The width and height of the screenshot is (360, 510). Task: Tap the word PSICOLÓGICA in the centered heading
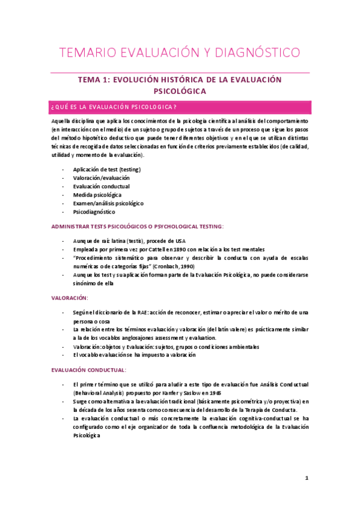tap(180, 91)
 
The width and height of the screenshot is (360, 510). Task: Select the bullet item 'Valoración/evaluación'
tap(101, 178)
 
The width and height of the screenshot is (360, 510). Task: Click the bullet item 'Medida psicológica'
tap(97, 195)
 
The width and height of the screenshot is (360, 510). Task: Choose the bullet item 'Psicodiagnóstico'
tap(94, 212)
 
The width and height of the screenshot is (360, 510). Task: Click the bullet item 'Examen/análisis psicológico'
tap(108, 203)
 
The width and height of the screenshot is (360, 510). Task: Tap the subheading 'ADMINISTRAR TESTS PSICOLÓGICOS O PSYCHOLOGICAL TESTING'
tap(138, 226)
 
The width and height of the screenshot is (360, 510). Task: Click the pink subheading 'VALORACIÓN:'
tap(70, 298)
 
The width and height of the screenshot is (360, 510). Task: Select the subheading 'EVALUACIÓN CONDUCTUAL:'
tap(88, 370)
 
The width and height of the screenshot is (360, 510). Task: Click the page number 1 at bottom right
tap(307, 478)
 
